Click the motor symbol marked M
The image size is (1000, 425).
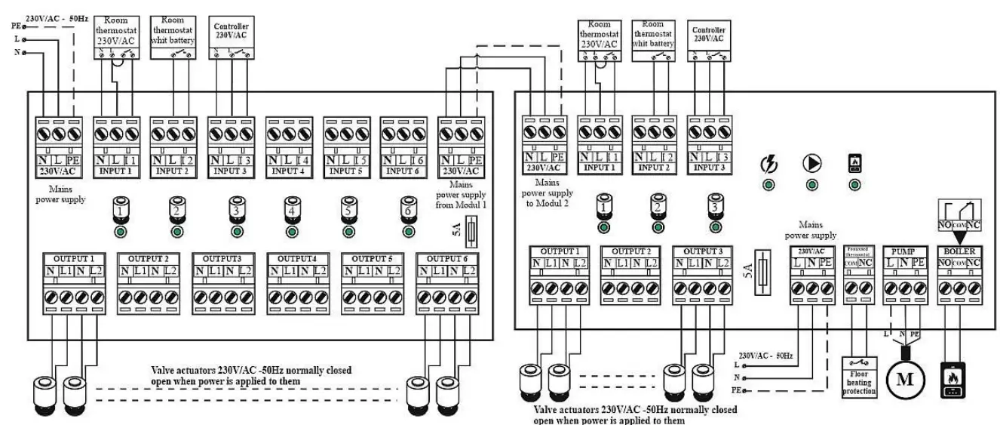click(903, 377)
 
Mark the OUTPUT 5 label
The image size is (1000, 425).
click(370, 257)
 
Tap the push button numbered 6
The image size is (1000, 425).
click(407, 209)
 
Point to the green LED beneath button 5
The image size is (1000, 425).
click(348, 230)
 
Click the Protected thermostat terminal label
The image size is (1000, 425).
click(860, 250)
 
